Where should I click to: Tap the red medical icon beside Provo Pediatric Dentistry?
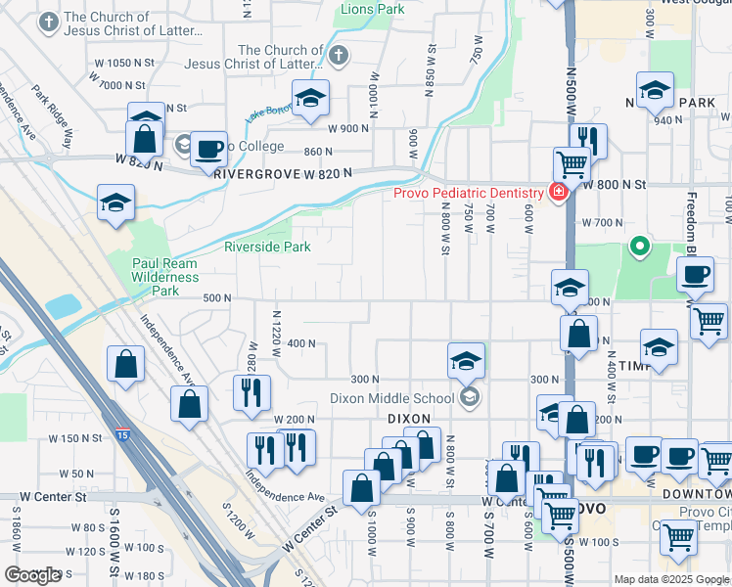click(558, 193)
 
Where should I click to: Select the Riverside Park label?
click(267, 247)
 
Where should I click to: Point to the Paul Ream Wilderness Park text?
click(164, 277)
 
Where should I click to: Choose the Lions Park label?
click(371, 9)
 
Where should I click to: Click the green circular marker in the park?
click(640, 246)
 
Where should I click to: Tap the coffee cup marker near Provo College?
click(208, 149)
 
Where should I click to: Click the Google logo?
click(33, 575)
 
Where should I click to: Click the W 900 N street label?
click(348, 128)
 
